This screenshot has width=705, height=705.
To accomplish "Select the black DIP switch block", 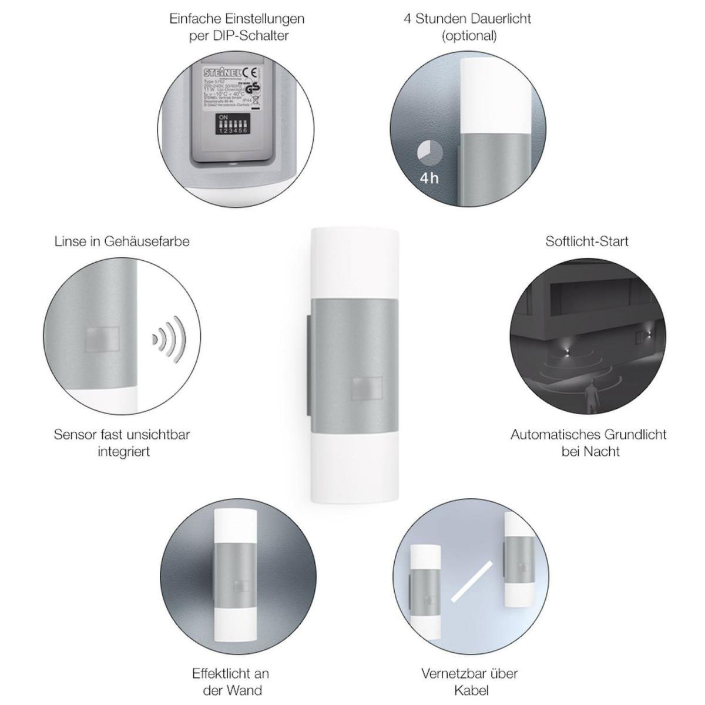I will [232, 125].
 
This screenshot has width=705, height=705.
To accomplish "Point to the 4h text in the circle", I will [429, 177].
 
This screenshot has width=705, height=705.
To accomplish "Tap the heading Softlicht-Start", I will [587, 241].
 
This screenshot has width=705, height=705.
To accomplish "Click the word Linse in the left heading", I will [69, 241].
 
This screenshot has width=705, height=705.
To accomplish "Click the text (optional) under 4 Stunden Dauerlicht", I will [469, 35].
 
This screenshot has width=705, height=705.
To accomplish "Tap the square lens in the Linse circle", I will [102, 339].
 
